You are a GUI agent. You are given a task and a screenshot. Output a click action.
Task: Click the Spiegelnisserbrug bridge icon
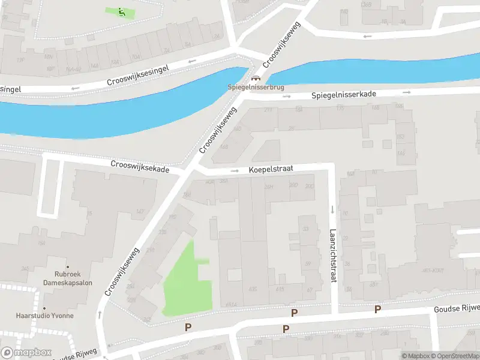pos(256,78)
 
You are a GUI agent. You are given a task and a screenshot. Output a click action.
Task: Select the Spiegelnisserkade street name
pos(344,95)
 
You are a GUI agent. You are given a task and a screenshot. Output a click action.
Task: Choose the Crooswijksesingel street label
pos(138,74)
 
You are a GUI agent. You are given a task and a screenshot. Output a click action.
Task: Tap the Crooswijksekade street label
pos(140,166)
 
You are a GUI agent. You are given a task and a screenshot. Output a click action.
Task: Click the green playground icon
pos(121,11)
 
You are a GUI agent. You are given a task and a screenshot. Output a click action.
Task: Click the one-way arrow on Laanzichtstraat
pos(332,209)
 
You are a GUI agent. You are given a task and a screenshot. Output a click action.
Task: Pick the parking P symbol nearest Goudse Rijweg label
pos(377,309)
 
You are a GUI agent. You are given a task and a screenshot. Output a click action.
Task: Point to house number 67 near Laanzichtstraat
pos(310,290)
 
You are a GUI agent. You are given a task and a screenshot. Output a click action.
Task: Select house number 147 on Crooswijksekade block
pos(140,211)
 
